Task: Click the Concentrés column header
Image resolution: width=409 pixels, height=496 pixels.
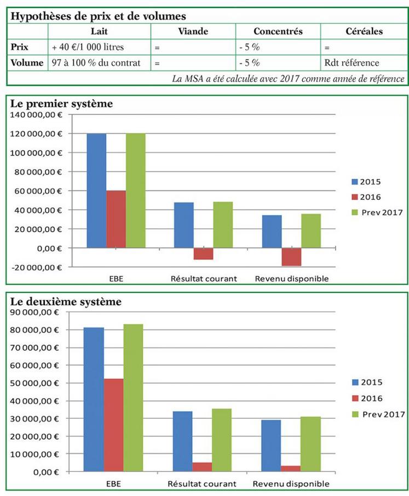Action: coord(278,31)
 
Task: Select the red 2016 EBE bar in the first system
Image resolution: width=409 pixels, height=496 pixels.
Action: coord(116,219)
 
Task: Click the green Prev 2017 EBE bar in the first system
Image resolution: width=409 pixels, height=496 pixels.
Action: coord(136,191)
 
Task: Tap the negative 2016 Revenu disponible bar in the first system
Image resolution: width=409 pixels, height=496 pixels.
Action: coord(291,257)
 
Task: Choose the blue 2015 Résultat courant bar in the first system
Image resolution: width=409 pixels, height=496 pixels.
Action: coord(184,225)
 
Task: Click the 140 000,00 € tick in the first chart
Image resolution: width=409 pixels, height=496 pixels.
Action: coord(37,114)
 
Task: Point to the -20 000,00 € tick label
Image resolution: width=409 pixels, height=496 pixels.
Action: coord(37,267)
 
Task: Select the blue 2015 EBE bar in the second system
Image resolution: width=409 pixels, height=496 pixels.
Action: coord(94,399)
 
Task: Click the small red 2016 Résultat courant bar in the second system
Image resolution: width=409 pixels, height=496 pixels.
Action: coord(201,466)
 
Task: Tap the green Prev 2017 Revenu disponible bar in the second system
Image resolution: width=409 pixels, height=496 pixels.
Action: coord(310,444)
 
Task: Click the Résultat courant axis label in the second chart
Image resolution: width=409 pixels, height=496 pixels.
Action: coord(201,484)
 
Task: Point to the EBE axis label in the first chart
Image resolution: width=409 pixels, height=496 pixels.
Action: coord(116,279)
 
